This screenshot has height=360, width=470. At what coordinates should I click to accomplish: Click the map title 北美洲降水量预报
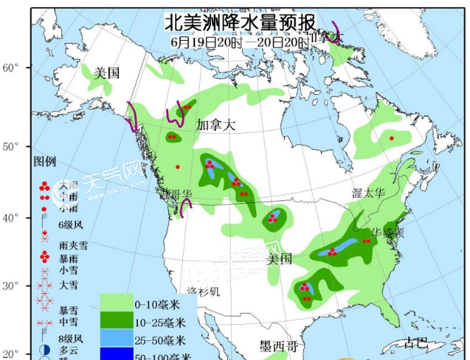pyautogui.click(x=239, y=22)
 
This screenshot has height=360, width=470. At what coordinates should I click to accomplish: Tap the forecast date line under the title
pyautogui.click(x=239, y=42)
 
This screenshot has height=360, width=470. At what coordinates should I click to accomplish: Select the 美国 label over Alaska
pyautogui.click(x=107, y=72)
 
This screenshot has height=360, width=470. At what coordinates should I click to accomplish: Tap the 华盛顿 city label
pyautogui.click(x=387, y=231)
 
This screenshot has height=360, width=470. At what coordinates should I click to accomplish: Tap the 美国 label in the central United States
pyautogui.click(x=279, y=259)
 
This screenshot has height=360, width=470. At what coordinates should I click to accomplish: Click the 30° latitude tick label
pyautogui.click(x=10, y=286)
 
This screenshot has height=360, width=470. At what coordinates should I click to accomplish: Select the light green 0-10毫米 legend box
pyautogui.click(x=115, y=304)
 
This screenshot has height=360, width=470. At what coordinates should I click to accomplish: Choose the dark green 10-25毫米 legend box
pyautogui.click(x=115, y=323)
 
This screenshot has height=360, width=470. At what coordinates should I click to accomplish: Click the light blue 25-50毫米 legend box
pyautogui.click(x=115, y=340)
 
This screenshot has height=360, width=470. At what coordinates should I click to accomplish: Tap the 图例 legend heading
pyautogui.click(x=44, y=162)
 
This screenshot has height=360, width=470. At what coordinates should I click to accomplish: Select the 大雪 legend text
pyautogui.click(x=69, y=285)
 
